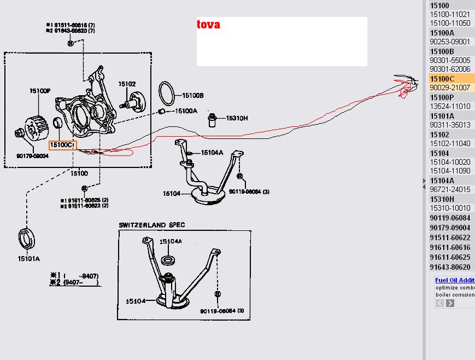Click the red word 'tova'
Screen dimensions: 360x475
tap(209, 25)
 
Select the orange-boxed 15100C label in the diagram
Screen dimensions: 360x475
tap(62, 145)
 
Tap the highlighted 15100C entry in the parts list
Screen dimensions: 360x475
tap(442, 79)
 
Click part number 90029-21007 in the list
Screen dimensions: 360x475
tap(450, 88)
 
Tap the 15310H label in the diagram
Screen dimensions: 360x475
tap(237, 118)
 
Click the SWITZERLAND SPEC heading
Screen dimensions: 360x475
tap(152, 225)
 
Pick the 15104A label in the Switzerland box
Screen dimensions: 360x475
tap(171, 241)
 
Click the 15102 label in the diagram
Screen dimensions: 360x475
tap(127, 84)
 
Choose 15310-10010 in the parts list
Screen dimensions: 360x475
tap(450, 208)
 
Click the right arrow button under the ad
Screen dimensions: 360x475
tap(450, 303)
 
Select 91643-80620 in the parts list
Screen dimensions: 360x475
tap(450, 267)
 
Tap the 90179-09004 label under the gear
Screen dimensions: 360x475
tap(32, 156)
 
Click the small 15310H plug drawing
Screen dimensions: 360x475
tap(213, 119)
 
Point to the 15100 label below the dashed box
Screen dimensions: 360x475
tap(79, 173)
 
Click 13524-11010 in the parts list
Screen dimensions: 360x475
tap(450, 106)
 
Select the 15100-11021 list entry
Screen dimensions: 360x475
tap(450, 14)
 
